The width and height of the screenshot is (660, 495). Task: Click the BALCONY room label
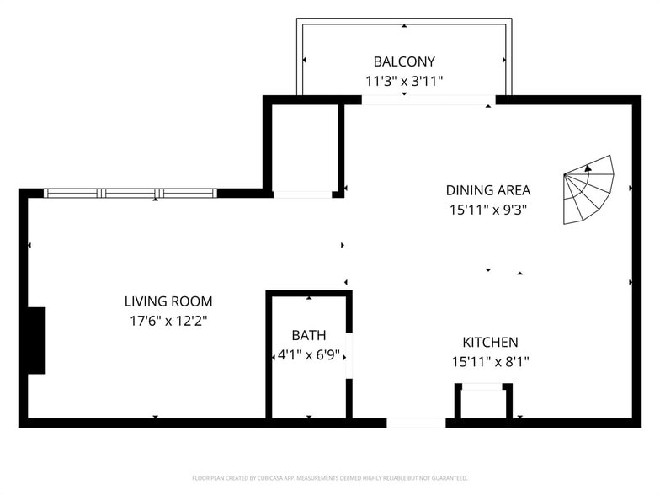pos(404,61)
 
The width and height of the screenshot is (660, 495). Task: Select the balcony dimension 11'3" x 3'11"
pos(404,82)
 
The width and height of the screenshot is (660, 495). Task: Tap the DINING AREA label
pos(488,190)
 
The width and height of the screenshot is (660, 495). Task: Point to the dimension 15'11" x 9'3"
pos(488,210)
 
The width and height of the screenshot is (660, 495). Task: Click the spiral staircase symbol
pos(588,190)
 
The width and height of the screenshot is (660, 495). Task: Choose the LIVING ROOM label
pos(168,301)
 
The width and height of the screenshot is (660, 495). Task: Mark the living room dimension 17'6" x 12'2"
pos(168,321)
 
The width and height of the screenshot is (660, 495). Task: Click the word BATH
pos(309,335)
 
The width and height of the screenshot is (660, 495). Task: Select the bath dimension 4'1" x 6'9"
pos(309,355)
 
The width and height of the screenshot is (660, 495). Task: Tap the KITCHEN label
pos(490,342)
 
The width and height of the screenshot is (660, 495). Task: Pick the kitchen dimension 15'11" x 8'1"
pos(490,362)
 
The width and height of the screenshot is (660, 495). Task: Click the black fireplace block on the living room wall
pos(35,340)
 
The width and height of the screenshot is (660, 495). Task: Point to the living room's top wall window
pos(130,193)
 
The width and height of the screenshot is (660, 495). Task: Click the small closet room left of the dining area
pos(304,147)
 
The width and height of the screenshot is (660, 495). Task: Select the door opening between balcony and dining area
pos(428,100)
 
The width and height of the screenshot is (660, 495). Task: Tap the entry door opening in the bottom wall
pos(416,423)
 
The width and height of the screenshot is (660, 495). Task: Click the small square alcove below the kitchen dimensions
pos(483,402)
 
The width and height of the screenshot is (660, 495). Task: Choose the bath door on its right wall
pos(349,355)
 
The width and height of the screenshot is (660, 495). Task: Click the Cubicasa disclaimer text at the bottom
pos(330,477)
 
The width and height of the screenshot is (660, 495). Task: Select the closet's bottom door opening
pos(302,194)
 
